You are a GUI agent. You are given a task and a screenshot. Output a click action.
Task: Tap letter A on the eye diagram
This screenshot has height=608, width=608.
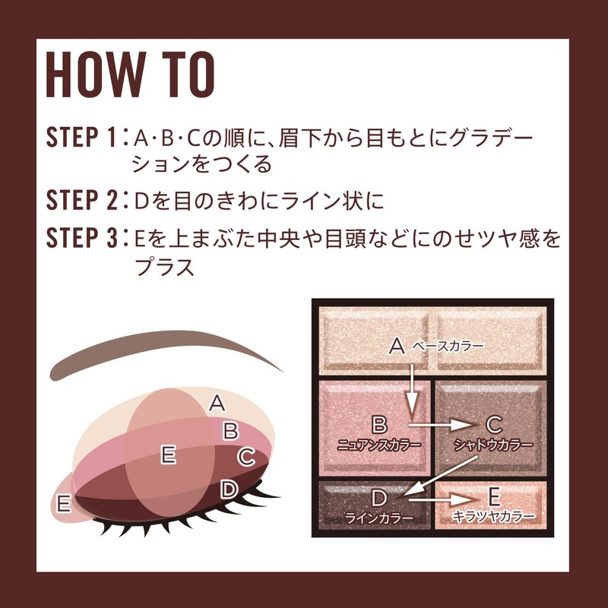pos(217,403)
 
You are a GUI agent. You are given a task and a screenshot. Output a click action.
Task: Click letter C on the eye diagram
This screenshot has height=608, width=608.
pos(245,457)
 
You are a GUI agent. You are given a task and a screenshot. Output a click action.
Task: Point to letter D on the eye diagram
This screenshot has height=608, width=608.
pos(229,489)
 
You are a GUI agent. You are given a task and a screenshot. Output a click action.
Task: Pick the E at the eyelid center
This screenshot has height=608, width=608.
pos(169,454)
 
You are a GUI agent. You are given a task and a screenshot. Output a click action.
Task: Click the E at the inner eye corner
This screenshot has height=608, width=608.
pos(64,502)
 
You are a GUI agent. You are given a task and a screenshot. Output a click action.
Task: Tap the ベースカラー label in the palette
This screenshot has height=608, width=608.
pos(448,347)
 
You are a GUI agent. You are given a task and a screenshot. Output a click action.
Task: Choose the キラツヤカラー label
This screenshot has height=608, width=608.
pos(492,518)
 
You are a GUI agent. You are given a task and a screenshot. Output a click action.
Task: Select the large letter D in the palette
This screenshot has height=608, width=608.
pos(379,499)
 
